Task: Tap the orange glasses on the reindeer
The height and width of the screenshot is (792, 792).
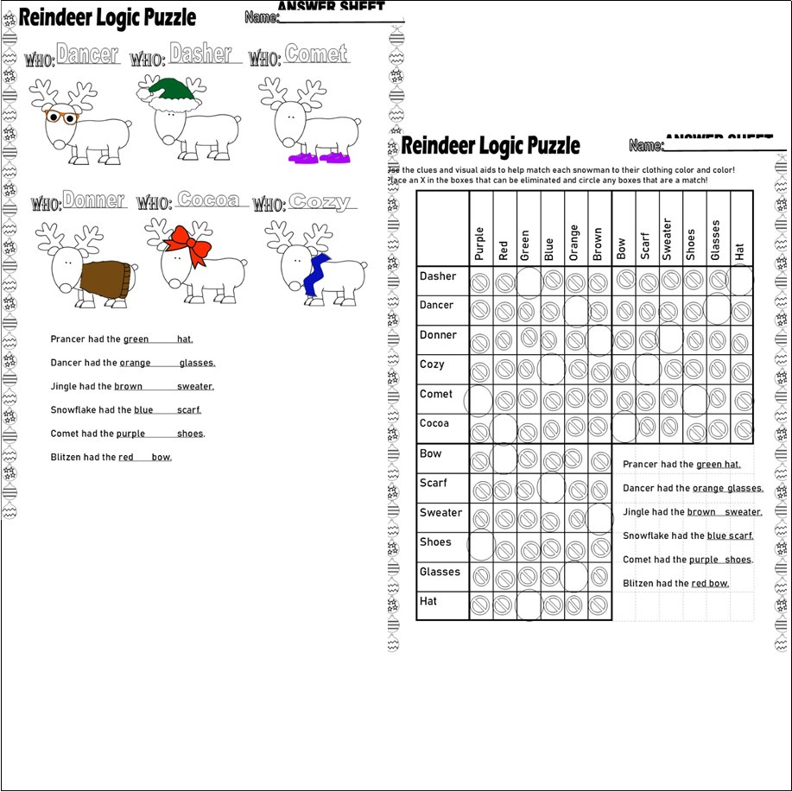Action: [x=61, y=117]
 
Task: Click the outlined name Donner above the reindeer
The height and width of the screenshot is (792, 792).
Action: [x=93, y=201]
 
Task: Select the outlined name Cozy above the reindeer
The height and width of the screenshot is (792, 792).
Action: [x=320, y=202]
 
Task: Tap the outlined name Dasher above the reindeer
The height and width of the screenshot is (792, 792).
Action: [x=200, y=54]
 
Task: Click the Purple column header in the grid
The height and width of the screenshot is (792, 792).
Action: [x=480, y=244]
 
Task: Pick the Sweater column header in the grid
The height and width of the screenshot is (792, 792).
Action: [x=666, y=239]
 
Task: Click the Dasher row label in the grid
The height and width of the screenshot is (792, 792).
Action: [x=438, y=276]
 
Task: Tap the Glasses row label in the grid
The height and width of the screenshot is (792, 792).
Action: [x=440, y=572]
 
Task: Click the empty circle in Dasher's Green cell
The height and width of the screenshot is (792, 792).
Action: [x=528, y=281]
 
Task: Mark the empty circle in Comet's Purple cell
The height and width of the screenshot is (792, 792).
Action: [x=479, y=399]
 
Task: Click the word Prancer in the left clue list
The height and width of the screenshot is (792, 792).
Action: [x=67, y=339]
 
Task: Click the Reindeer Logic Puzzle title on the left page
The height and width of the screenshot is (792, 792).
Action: [x=107, y=16]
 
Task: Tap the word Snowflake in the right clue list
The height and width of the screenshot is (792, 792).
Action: [x=646, y=536]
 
